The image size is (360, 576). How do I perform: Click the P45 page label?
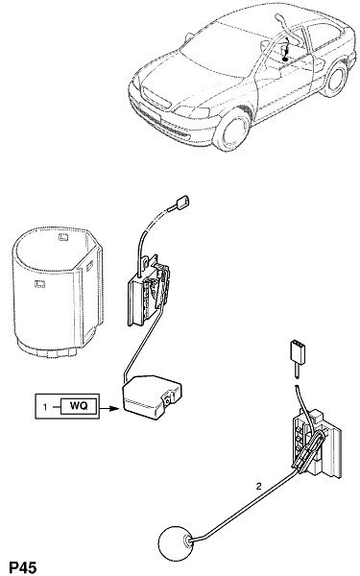[23, 567]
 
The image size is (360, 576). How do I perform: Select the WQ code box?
[79, 406]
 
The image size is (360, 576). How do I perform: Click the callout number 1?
[45, 407]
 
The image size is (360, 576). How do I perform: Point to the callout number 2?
[259, 487]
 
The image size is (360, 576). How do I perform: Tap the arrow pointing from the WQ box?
[109, 408]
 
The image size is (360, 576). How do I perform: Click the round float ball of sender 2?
[176, 543]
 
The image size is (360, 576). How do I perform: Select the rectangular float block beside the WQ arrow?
[151, 396]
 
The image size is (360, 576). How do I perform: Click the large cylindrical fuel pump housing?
[57, 292]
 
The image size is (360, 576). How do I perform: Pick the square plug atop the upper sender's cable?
[183, 203]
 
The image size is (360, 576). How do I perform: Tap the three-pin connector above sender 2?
[298, 350]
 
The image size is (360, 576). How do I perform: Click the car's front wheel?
[232, 129]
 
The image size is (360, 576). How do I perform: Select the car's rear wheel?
[335, 80]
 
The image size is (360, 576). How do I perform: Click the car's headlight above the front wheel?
[194, 111]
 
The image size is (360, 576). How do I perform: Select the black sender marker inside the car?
[285, 59]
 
